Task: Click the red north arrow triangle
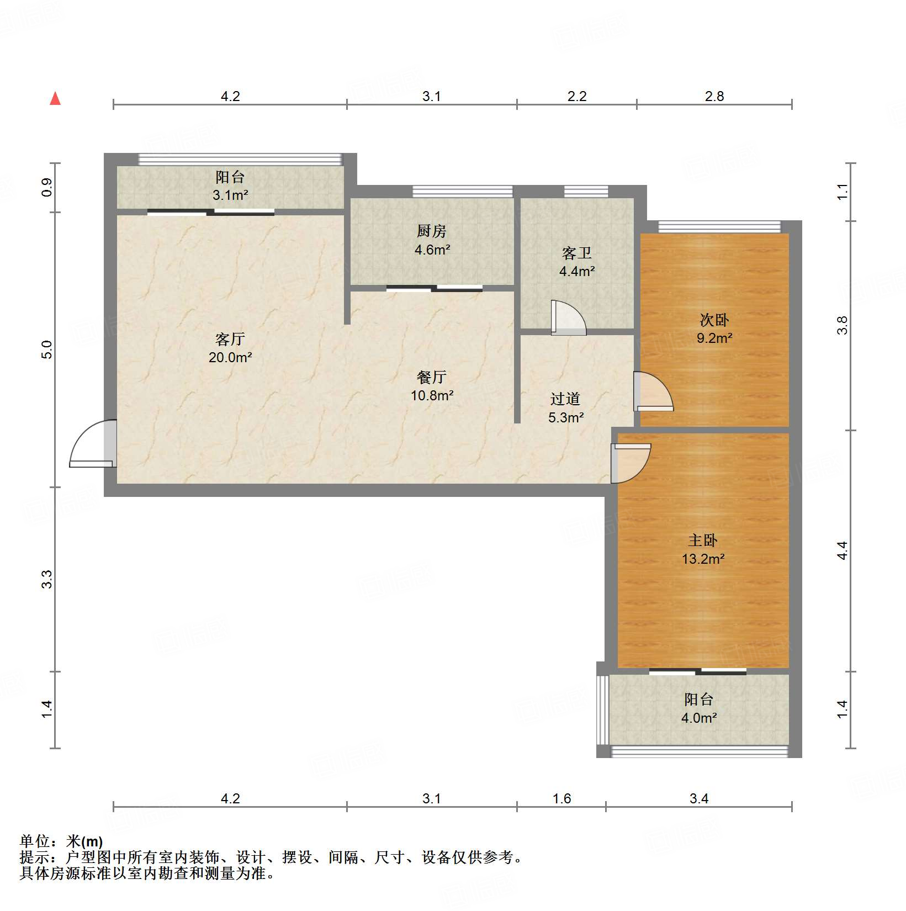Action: pos(55,99)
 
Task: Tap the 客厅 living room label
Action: pos(230,338)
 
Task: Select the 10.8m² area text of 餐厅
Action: pos(432,395)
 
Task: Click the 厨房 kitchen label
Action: pos(431,231)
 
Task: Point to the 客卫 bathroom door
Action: pos(568,319)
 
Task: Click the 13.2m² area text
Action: pos(703,559)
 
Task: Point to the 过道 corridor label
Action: pos(565,399)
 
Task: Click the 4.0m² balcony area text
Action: pos(699,718)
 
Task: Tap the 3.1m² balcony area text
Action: pos(230,195)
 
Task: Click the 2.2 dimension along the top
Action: pos(577,96)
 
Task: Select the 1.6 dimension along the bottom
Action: pos(561,798)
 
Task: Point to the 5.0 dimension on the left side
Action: pos(47,349)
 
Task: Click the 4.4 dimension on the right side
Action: pos(842,550)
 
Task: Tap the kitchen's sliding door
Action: pos(435,288)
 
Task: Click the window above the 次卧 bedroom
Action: pos(719,226)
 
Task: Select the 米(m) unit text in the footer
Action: pos(84,841)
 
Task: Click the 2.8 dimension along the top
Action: pos(714,96)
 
